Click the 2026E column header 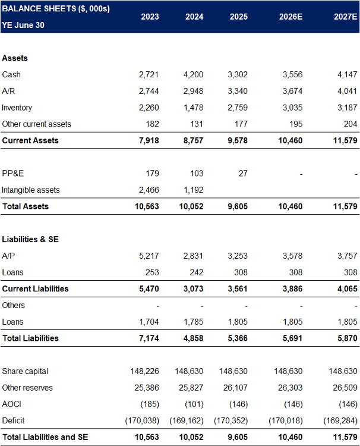290,17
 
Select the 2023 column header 149,17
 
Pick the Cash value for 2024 192,74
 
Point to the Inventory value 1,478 192,108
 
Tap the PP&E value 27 242,173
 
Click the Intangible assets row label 30,190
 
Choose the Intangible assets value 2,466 149,190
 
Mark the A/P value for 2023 149,256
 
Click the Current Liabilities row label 35,289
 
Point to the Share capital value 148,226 144,371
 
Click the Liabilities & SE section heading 30,239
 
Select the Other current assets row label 36,124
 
